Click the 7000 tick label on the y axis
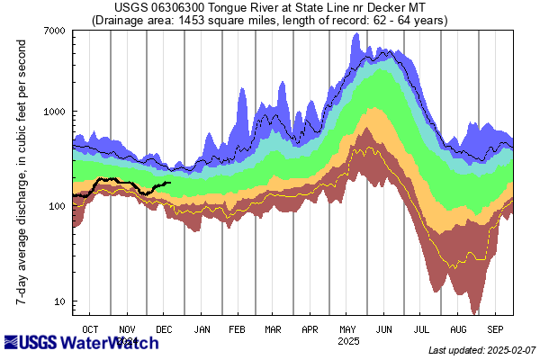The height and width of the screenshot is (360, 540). [52, 31]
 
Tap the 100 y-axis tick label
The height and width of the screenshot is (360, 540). [56, 206]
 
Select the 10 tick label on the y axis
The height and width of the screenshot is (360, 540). [58, 301]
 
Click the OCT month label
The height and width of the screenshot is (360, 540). [91, 329]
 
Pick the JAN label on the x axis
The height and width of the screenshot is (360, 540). [202, 329]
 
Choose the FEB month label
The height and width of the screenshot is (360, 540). [238, 329]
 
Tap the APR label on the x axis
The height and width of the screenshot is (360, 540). [310, 329]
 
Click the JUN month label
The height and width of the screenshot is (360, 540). [384, 329]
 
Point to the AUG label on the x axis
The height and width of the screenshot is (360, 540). [458, 329]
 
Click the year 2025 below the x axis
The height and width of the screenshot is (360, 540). [348, 342]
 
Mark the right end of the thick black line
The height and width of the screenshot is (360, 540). [170, 183]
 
